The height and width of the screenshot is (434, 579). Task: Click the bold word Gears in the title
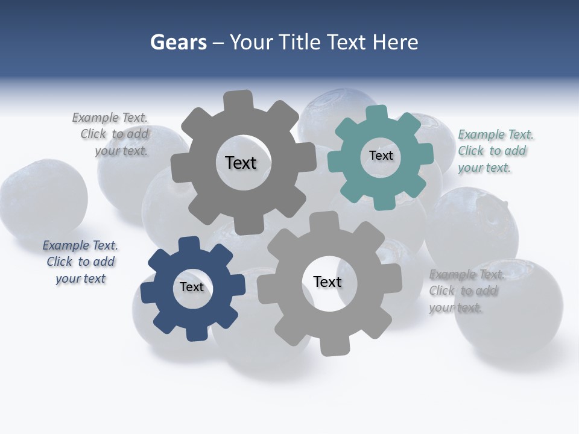[x=178, y=42]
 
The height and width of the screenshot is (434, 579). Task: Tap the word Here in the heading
[x=395, y=42]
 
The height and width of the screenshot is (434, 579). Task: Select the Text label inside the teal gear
[x=381, y=156]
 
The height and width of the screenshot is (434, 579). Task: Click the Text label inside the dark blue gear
[x=192, y=287]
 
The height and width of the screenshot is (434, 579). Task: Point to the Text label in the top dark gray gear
[x=241, y=163]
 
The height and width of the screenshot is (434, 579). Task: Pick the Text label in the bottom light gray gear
[x=327, y=281]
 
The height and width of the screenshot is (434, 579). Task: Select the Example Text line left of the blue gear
[x=80, y=245]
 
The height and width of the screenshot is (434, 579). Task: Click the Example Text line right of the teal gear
[x=496, y=134]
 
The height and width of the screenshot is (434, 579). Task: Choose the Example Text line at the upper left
[x=110, y=118]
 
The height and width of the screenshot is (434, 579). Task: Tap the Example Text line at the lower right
[x=466, y=275]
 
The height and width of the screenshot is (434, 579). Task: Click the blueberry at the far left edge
[x=42, y=199]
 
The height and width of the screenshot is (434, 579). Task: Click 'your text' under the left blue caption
[x=80, y=278]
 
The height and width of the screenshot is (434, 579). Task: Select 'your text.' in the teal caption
[x=484, y=168]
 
